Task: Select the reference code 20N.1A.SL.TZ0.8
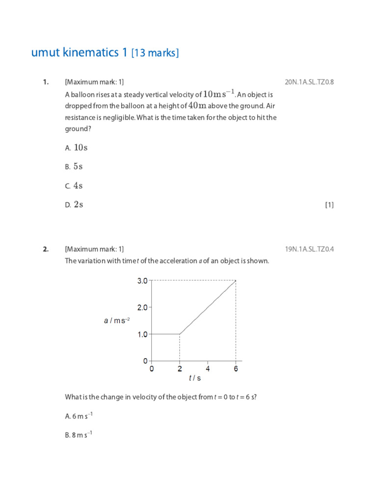click(x=309, y=82)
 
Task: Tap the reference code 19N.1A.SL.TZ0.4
click(x=309, y=249)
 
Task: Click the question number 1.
click(x=46, y=82)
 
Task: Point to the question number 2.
click(x=46, y=249)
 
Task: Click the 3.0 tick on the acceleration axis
click(x=142, y=281)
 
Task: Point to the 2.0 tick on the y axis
click(x=142, y=307)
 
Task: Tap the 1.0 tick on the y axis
click(x=142, y=335)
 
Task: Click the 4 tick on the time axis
click(x=208, y=369)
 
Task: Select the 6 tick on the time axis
click(x=236, y=369)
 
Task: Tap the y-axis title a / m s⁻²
click(x=117, y=321)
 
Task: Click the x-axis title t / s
click(x=195, y=379)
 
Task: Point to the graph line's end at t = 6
click(x=236, y=281)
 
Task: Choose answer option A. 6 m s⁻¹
click(x=79, y=416)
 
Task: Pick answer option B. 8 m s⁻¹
click(x=79, y=435)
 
